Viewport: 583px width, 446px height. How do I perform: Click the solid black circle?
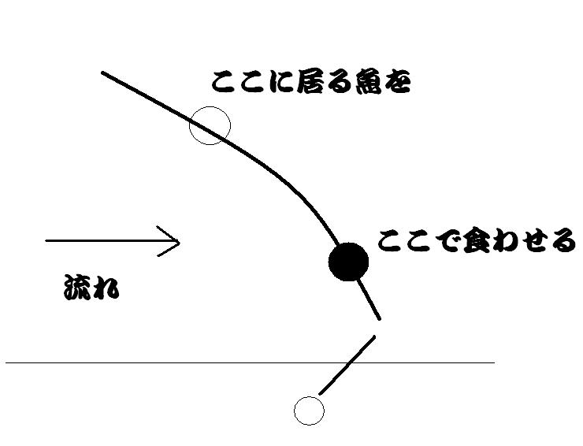(348, 262)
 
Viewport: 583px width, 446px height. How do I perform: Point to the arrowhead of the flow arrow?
(180, 243)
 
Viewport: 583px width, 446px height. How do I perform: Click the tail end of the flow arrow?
(46, 240)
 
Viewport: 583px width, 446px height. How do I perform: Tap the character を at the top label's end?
(397, 82)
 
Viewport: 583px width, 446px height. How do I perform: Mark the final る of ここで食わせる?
(563, 242)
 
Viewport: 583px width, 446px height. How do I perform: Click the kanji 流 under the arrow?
(77, 287)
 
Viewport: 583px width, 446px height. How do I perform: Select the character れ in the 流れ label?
(106, 288)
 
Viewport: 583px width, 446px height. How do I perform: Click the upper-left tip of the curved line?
(102, 73)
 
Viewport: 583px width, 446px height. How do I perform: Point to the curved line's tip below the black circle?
(379, 318)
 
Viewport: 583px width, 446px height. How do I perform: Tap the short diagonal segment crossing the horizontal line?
(347, 366)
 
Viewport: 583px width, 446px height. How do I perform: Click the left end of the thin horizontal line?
(6, 362)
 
